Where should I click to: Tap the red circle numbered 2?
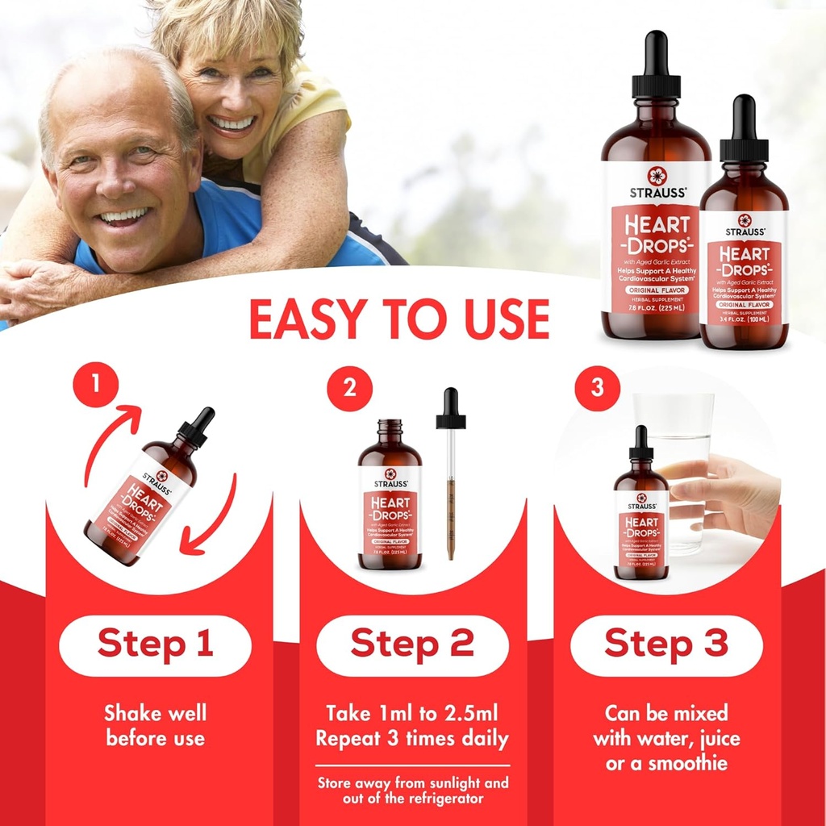[349, 388]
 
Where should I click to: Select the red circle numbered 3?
[597, 388]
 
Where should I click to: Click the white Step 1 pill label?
[155, 645]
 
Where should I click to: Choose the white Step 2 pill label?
[412, 645]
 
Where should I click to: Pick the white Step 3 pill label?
[666, 645]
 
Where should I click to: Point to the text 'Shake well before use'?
[155, 725]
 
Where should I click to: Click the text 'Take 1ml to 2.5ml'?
[412, 713]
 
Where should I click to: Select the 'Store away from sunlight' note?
[412, 790]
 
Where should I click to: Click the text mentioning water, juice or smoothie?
[666, 737]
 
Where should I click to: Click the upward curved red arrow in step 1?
[109, 440]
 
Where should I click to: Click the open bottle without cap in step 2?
[390, 496]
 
